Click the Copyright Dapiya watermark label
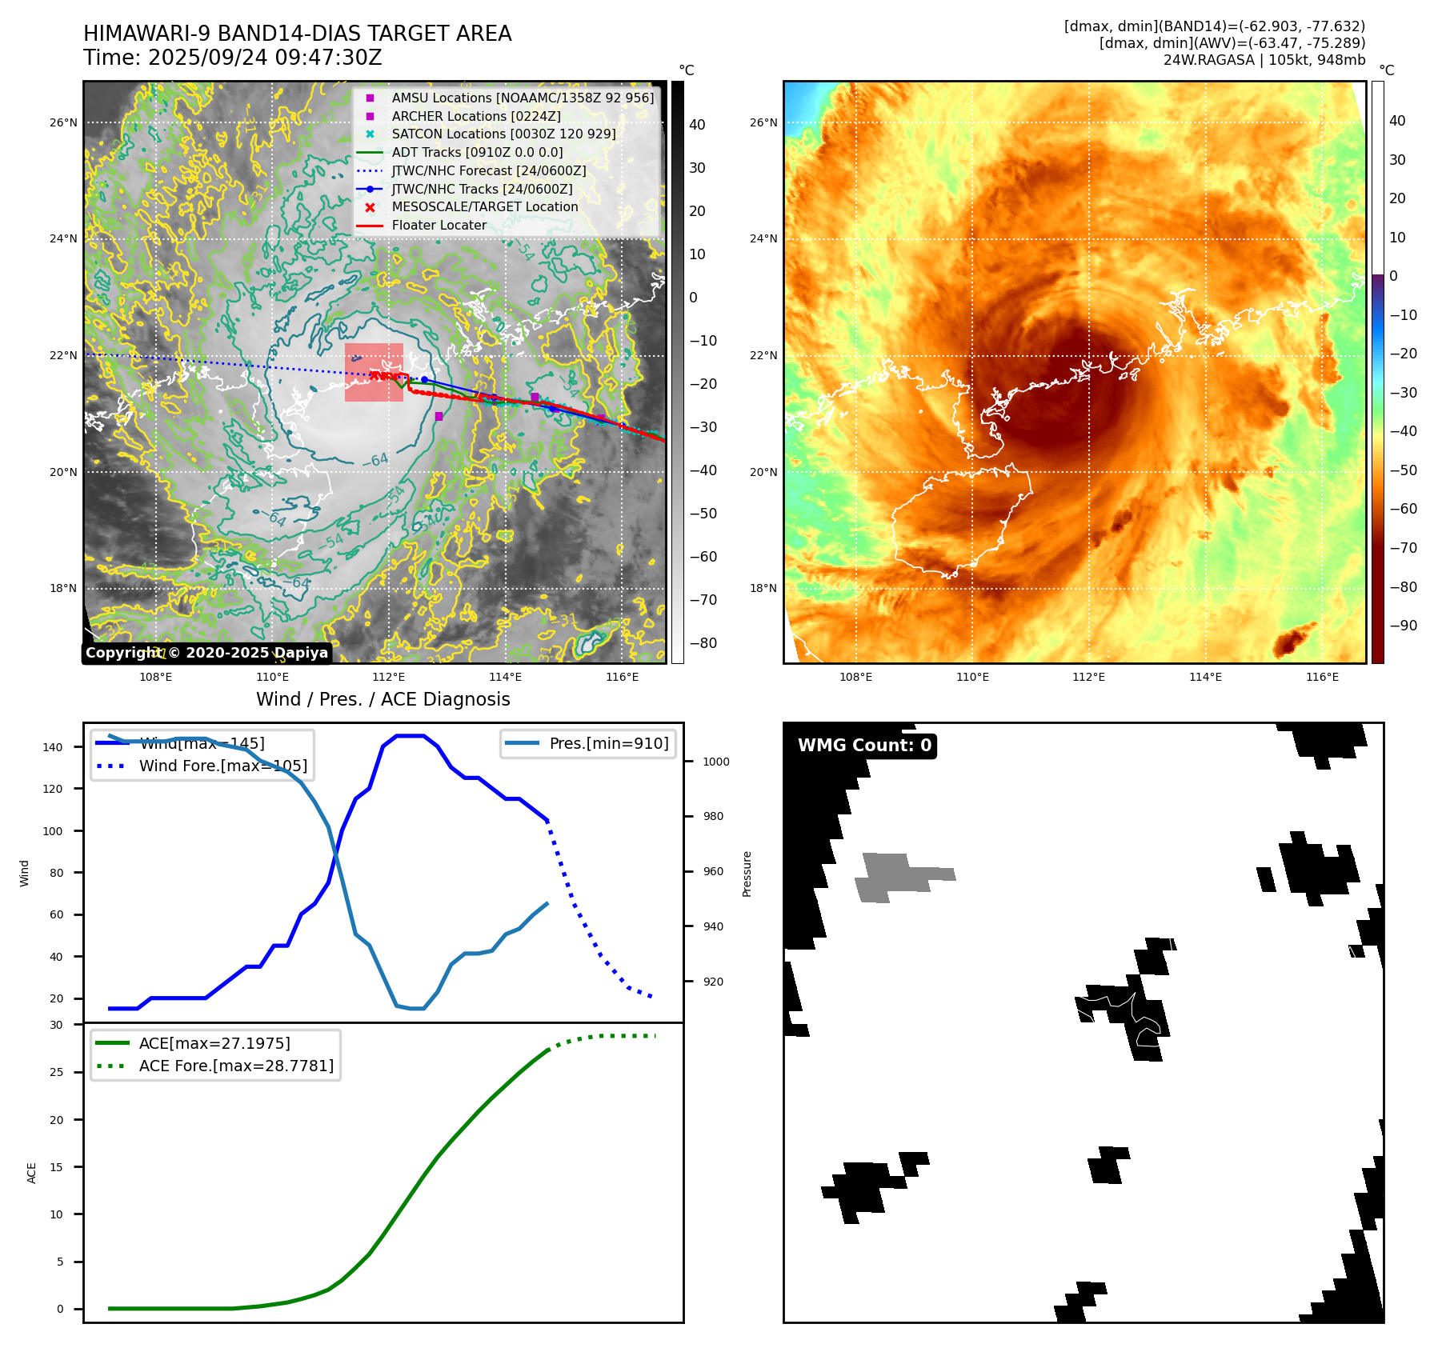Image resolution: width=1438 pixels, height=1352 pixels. pos(206,653)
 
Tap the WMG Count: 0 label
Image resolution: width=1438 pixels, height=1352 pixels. pos(864,746)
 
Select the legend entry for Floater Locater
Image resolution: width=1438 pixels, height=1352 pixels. pos(439,226)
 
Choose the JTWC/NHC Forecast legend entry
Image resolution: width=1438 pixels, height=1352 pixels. pos(488,171)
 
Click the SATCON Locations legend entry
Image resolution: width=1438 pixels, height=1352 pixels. pos(503,134)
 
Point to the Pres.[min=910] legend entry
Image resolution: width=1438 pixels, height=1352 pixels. pos(608,743)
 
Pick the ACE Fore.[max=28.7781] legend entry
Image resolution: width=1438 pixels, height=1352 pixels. pos(236,1066)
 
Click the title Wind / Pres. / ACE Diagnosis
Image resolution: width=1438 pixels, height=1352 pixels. pos(383,699)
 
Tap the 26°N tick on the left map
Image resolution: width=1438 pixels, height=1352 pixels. pos(64,123)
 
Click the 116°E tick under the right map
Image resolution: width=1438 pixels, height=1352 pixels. pos(1322,677)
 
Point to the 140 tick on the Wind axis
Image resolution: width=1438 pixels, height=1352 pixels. pos(53,747)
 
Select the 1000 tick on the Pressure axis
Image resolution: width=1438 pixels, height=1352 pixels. pos(715,762)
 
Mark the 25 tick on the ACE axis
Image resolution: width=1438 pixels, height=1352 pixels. pos(57,1072)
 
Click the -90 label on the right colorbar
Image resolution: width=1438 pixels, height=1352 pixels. pos(1403,626)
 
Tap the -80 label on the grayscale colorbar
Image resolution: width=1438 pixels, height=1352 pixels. pos(703,643)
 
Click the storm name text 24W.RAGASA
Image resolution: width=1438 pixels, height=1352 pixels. pos(1208,60)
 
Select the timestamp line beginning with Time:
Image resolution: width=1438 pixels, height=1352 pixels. pos(232,58)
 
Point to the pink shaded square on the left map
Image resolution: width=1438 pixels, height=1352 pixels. pos(374,373)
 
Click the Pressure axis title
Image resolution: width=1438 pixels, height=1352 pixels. pos(747,874)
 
